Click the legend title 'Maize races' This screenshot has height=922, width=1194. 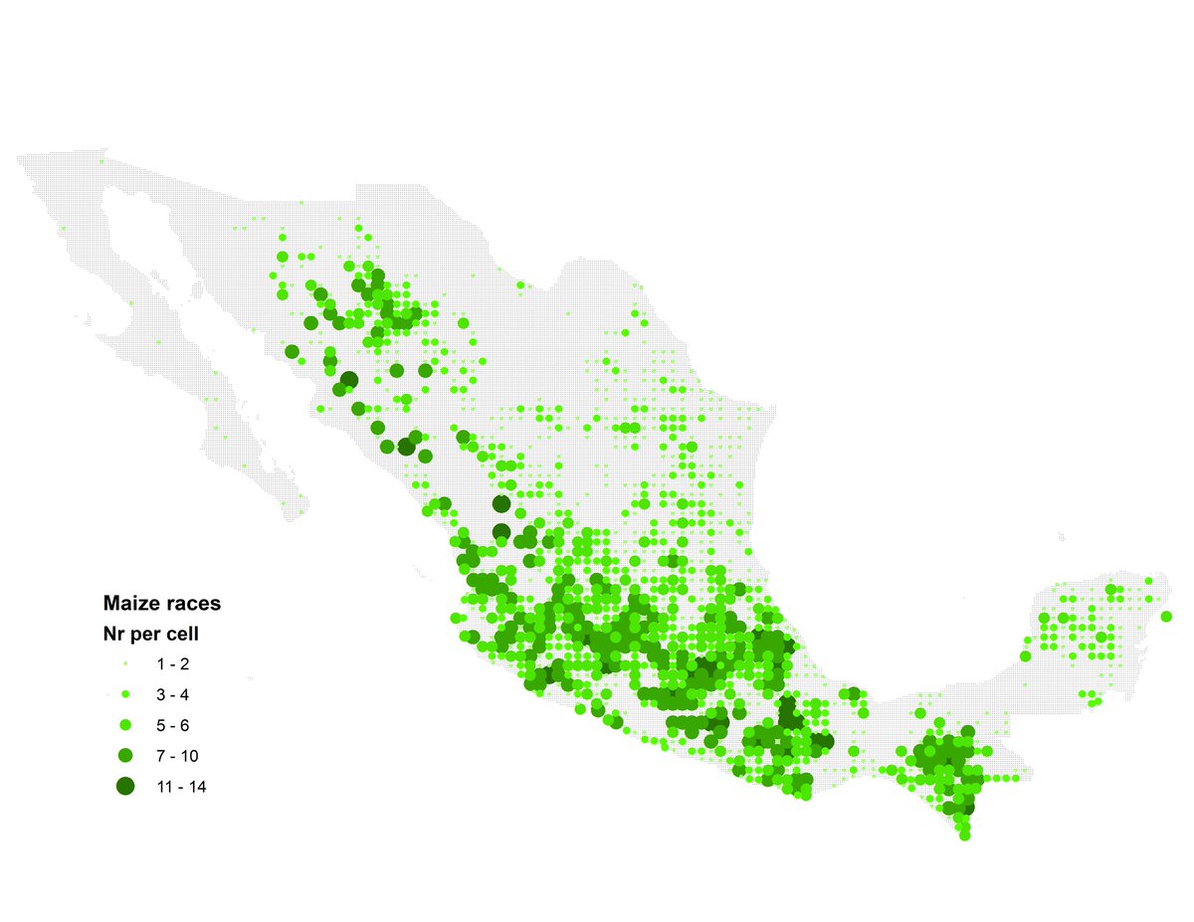[162, 603]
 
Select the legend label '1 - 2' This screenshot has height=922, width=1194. [172, 663]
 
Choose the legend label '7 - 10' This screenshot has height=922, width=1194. [175, 756]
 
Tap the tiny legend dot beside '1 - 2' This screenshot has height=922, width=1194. [125, 663]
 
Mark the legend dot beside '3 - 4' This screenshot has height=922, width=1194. [125, 693]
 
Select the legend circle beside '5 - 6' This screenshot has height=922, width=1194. [125, 724]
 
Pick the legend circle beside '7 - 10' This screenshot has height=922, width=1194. [125, 756]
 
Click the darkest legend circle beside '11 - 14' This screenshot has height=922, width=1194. [125, 787]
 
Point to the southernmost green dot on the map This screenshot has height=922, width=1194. [964, 836]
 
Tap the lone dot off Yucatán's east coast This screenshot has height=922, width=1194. [1166, 617]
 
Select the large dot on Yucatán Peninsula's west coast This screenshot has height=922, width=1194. [1026, 655]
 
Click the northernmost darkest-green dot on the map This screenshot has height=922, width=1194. [349, 379]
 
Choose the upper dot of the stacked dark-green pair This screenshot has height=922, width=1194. [500, 504]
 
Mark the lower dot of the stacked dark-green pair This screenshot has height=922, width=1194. [501, 531]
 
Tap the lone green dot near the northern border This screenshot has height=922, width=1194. [520, 286]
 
